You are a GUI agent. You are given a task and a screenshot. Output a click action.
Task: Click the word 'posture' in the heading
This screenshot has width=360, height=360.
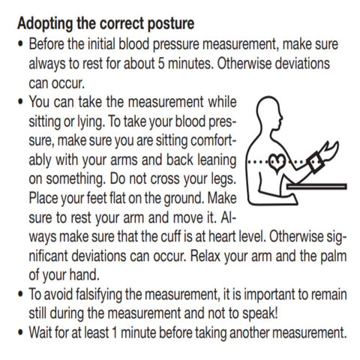(x=171, y=25)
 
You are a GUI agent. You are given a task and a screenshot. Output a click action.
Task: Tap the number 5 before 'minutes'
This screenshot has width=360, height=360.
(x=161, y=64)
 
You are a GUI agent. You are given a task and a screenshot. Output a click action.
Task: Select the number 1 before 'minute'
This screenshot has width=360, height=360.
(x=114, y=332)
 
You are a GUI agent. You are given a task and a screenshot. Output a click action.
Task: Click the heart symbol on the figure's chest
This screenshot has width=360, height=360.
(x=277, y=163)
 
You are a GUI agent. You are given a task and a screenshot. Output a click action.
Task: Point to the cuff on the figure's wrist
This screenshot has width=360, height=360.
(x=316, y=163)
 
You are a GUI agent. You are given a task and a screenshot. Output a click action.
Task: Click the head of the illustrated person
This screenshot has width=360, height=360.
(x=269, y=112)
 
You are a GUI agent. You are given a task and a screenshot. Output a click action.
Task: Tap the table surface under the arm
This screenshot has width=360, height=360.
(x=316, y=186)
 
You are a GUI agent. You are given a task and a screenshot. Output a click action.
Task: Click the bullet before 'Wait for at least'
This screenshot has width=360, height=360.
(x=20, y=333)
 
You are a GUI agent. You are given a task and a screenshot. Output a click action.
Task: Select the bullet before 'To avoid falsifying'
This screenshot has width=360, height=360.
(x=20, y=294)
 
